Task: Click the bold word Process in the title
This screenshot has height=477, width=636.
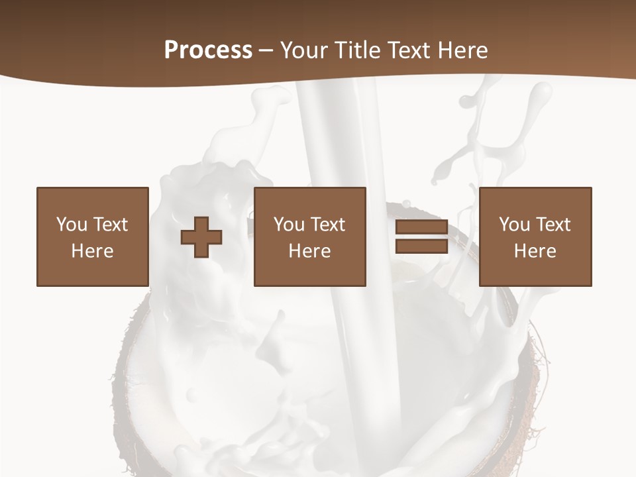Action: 208,50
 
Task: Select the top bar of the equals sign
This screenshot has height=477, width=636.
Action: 421,227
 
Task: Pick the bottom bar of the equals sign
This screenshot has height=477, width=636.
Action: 421,246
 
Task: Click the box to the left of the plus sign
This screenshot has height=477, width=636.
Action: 93,237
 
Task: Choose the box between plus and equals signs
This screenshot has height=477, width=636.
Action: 309,237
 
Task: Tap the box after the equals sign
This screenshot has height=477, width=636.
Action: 535,237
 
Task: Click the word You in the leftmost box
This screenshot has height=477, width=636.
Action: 72,225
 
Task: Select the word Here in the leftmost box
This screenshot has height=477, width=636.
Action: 93,251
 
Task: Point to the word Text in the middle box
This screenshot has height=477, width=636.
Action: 327,225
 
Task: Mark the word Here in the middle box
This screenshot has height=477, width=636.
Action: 309,251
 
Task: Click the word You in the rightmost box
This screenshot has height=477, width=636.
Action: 514,225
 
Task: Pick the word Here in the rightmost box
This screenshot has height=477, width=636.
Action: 535,251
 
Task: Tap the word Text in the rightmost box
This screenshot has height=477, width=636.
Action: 553,225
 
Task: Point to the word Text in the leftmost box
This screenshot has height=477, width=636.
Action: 110,225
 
